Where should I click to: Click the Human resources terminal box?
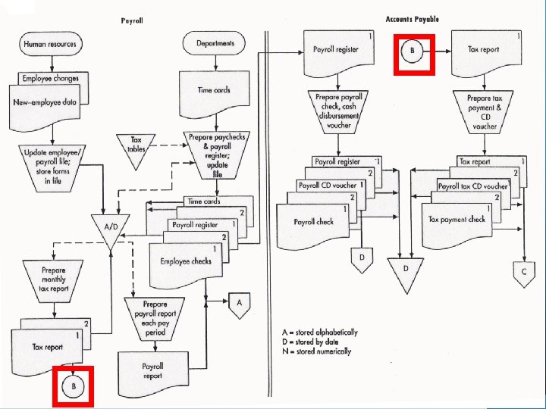(x=50, y=44)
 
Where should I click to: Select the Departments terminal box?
(x=215, y=44)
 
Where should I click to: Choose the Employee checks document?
(x=185, y=263)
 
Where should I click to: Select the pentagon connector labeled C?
(x=522, y=270)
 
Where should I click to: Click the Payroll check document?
(x=315, y=223)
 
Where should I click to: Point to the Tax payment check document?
(x=457, y=220)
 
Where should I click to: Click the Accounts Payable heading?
(x=412, y=19)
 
